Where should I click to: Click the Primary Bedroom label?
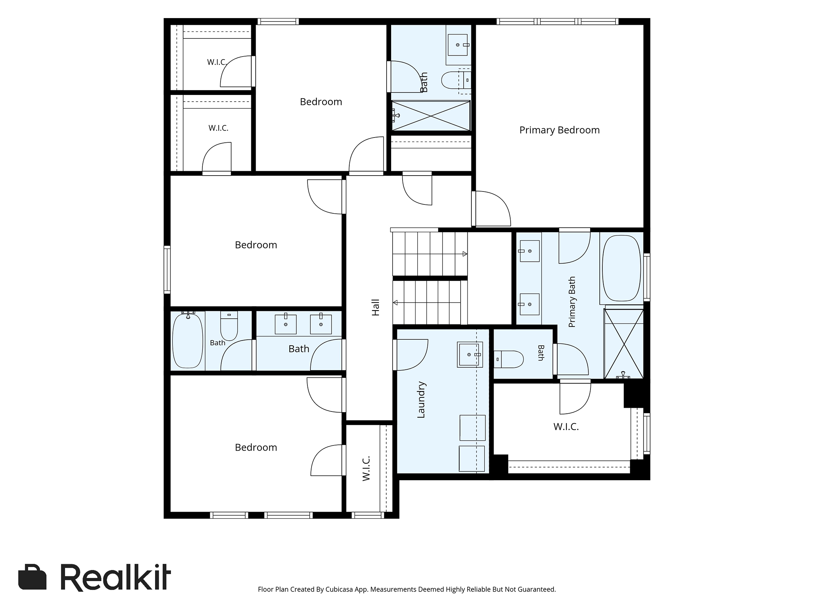[x=559, y=130]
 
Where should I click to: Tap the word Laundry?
[x=421, y=400]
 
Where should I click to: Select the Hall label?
[x=376, y=308]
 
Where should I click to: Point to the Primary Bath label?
[x=572, y=302]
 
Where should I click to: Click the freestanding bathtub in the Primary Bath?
[x=621, y=268]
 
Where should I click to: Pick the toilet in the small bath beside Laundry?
[x=509, y=359]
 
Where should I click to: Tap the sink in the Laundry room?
[x=470, y=355]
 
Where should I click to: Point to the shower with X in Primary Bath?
[x=624, y=344]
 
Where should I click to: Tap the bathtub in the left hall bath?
[x=188, y=340]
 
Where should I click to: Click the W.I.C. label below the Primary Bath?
[x=566, y=427]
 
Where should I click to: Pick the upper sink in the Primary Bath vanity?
[x=529, y=251]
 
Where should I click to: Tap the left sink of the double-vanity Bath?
[x=286, y=324]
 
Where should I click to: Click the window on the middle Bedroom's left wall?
[x=167, y=270]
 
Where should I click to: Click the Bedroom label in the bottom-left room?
[x=256, y=448]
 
